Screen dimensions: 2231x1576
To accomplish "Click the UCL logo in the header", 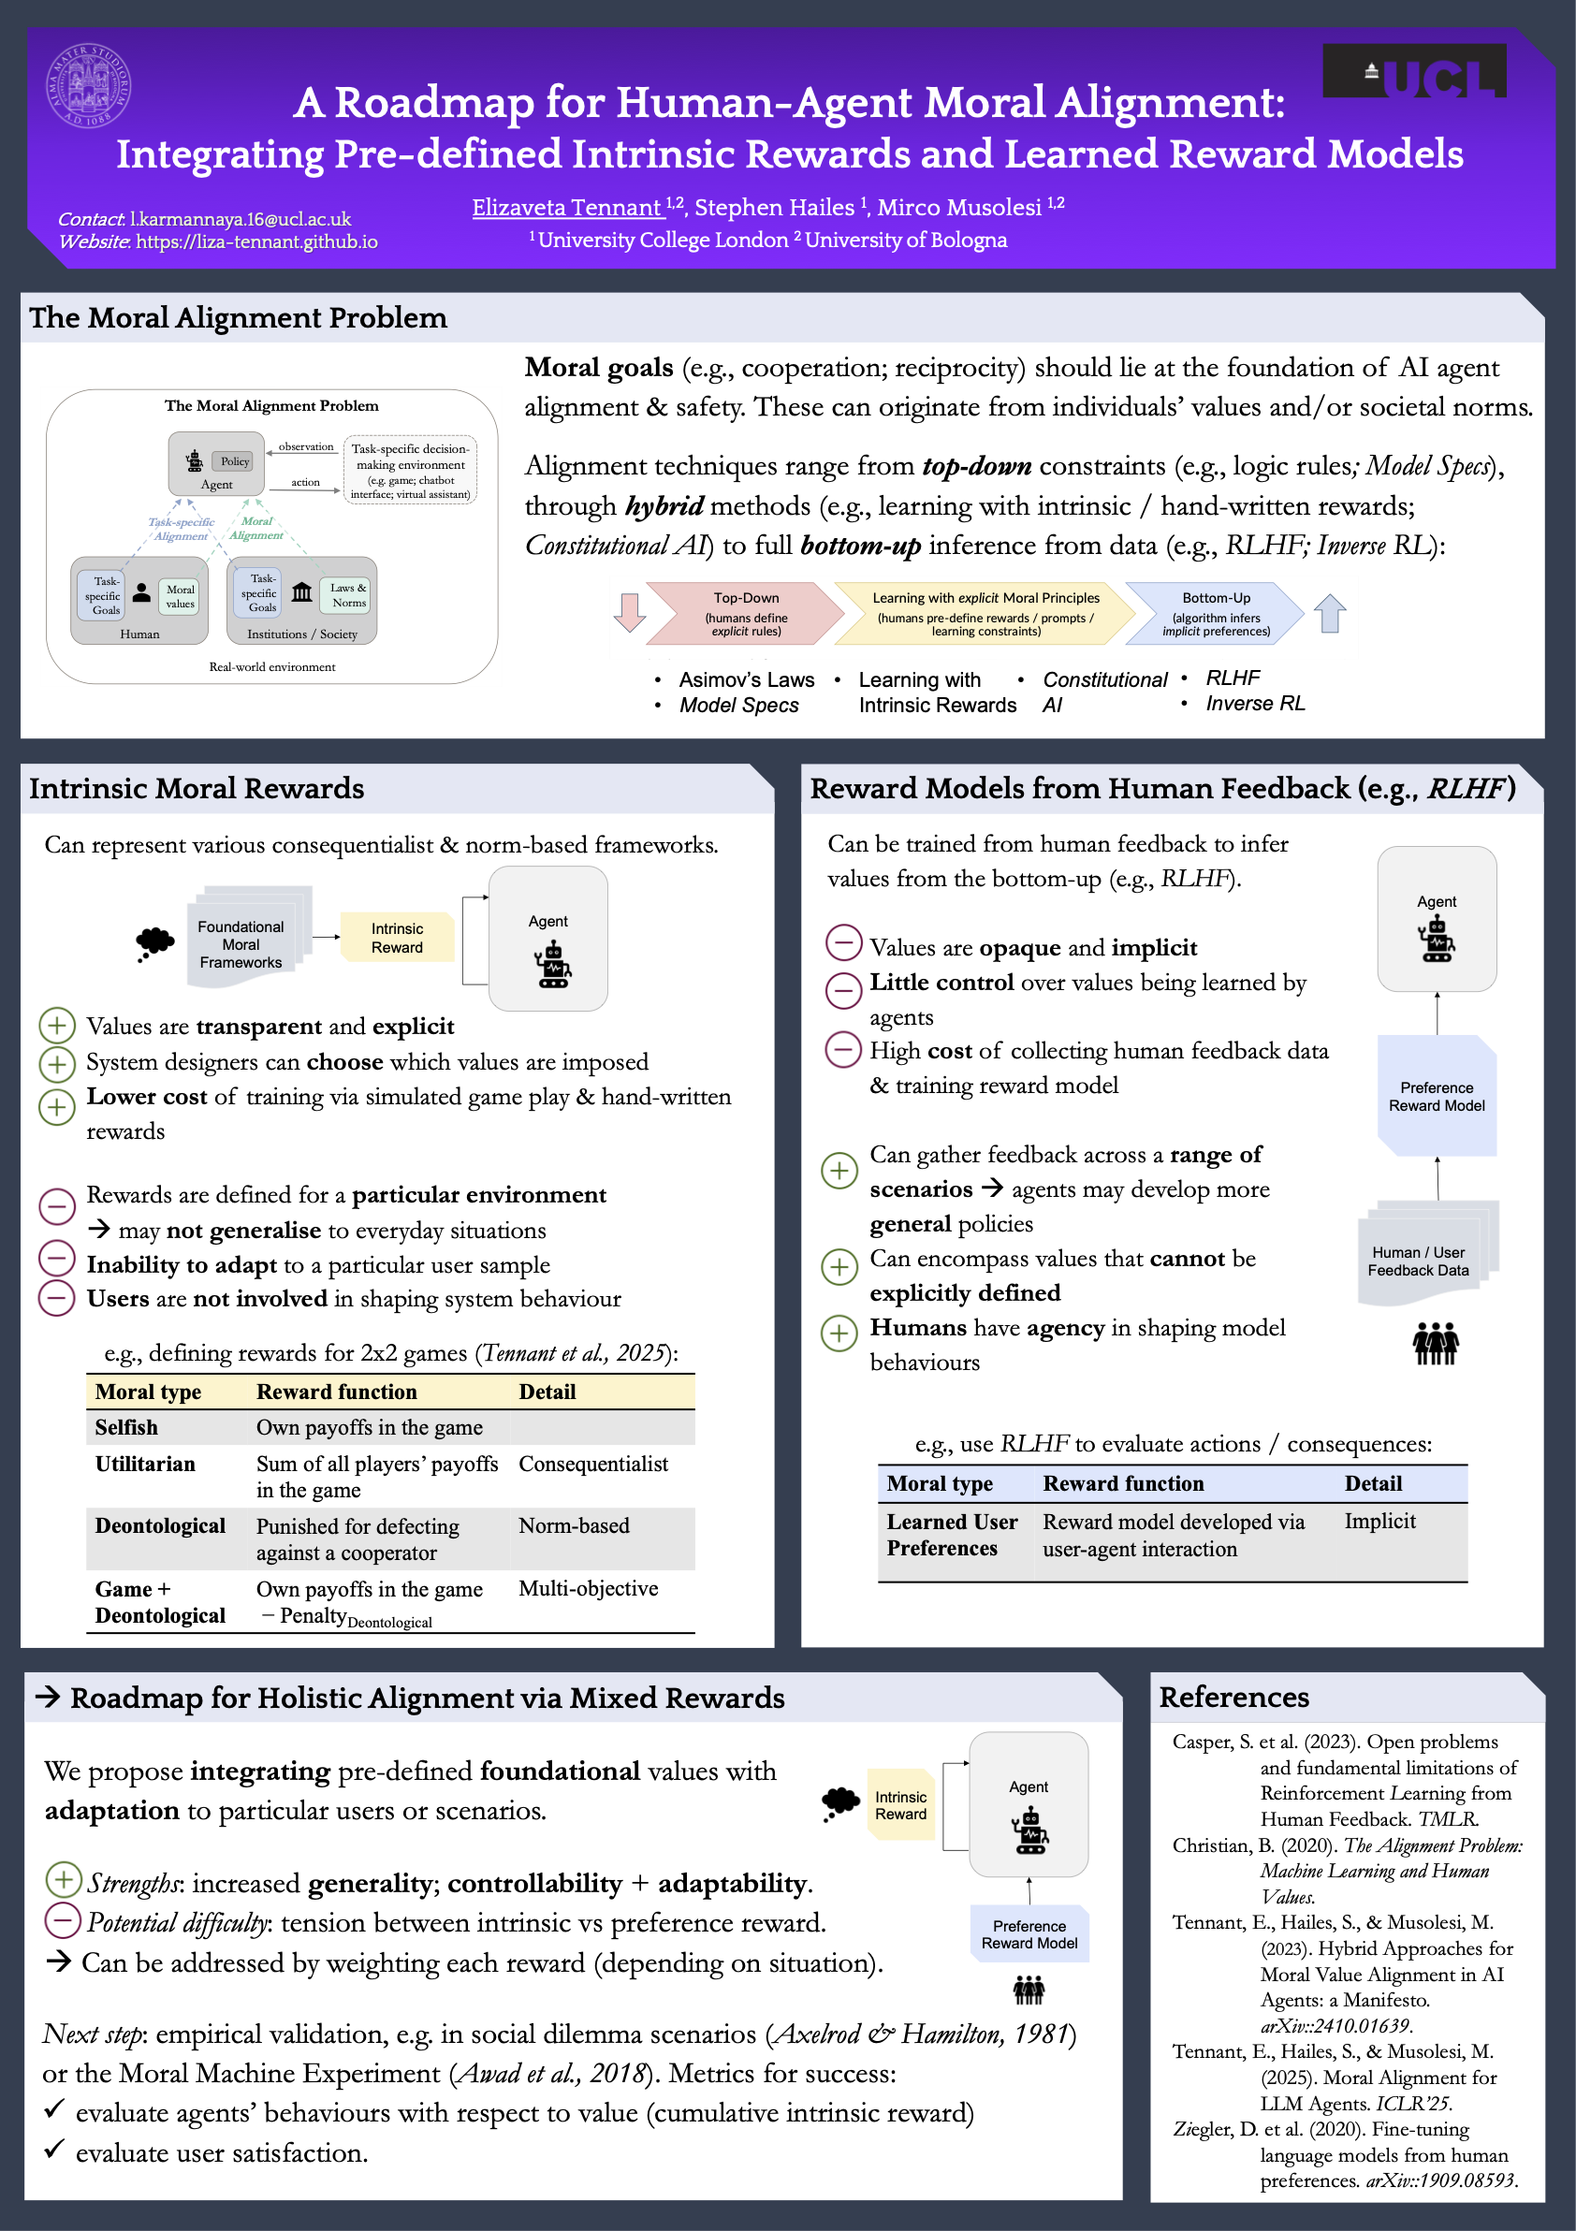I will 1414,72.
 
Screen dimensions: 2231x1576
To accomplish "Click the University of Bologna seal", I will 88,86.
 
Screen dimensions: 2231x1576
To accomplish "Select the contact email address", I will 240,220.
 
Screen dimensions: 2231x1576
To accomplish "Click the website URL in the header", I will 256,242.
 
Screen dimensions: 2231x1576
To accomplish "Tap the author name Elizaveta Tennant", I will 566,208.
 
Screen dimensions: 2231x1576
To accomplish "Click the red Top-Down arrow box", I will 745,613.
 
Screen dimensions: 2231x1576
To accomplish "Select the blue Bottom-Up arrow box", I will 1215,613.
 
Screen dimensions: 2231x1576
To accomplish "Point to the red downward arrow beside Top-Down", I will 630,611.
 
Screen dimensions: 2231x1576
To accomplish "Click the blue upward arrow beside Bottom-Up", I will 1329,613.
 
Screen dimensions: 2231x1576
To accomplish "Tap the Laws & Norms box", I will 348,594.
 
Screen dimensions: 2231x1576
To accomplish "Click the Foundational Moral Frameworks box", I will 241,943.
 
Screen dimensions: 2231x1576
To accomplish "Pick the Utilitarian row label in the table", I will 145,1464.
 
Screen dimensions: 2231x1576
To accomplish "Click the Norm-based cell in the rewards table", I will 574,1525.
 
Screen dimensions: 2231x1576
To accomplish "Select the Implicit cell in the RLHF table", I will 1379,1521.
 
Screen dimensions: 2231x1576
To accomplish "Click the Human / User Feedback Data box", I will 1419,1261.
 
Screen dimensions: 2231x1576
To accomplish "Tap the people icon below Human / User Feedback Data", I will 1435,1344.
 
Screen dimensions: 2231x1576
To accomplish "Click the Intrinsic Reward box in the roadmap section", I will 900,1805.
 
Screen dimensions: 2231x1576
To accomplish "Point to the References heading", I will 1234,1697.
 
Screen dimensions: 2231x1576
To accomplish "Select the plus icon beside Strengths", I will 62,1879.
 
